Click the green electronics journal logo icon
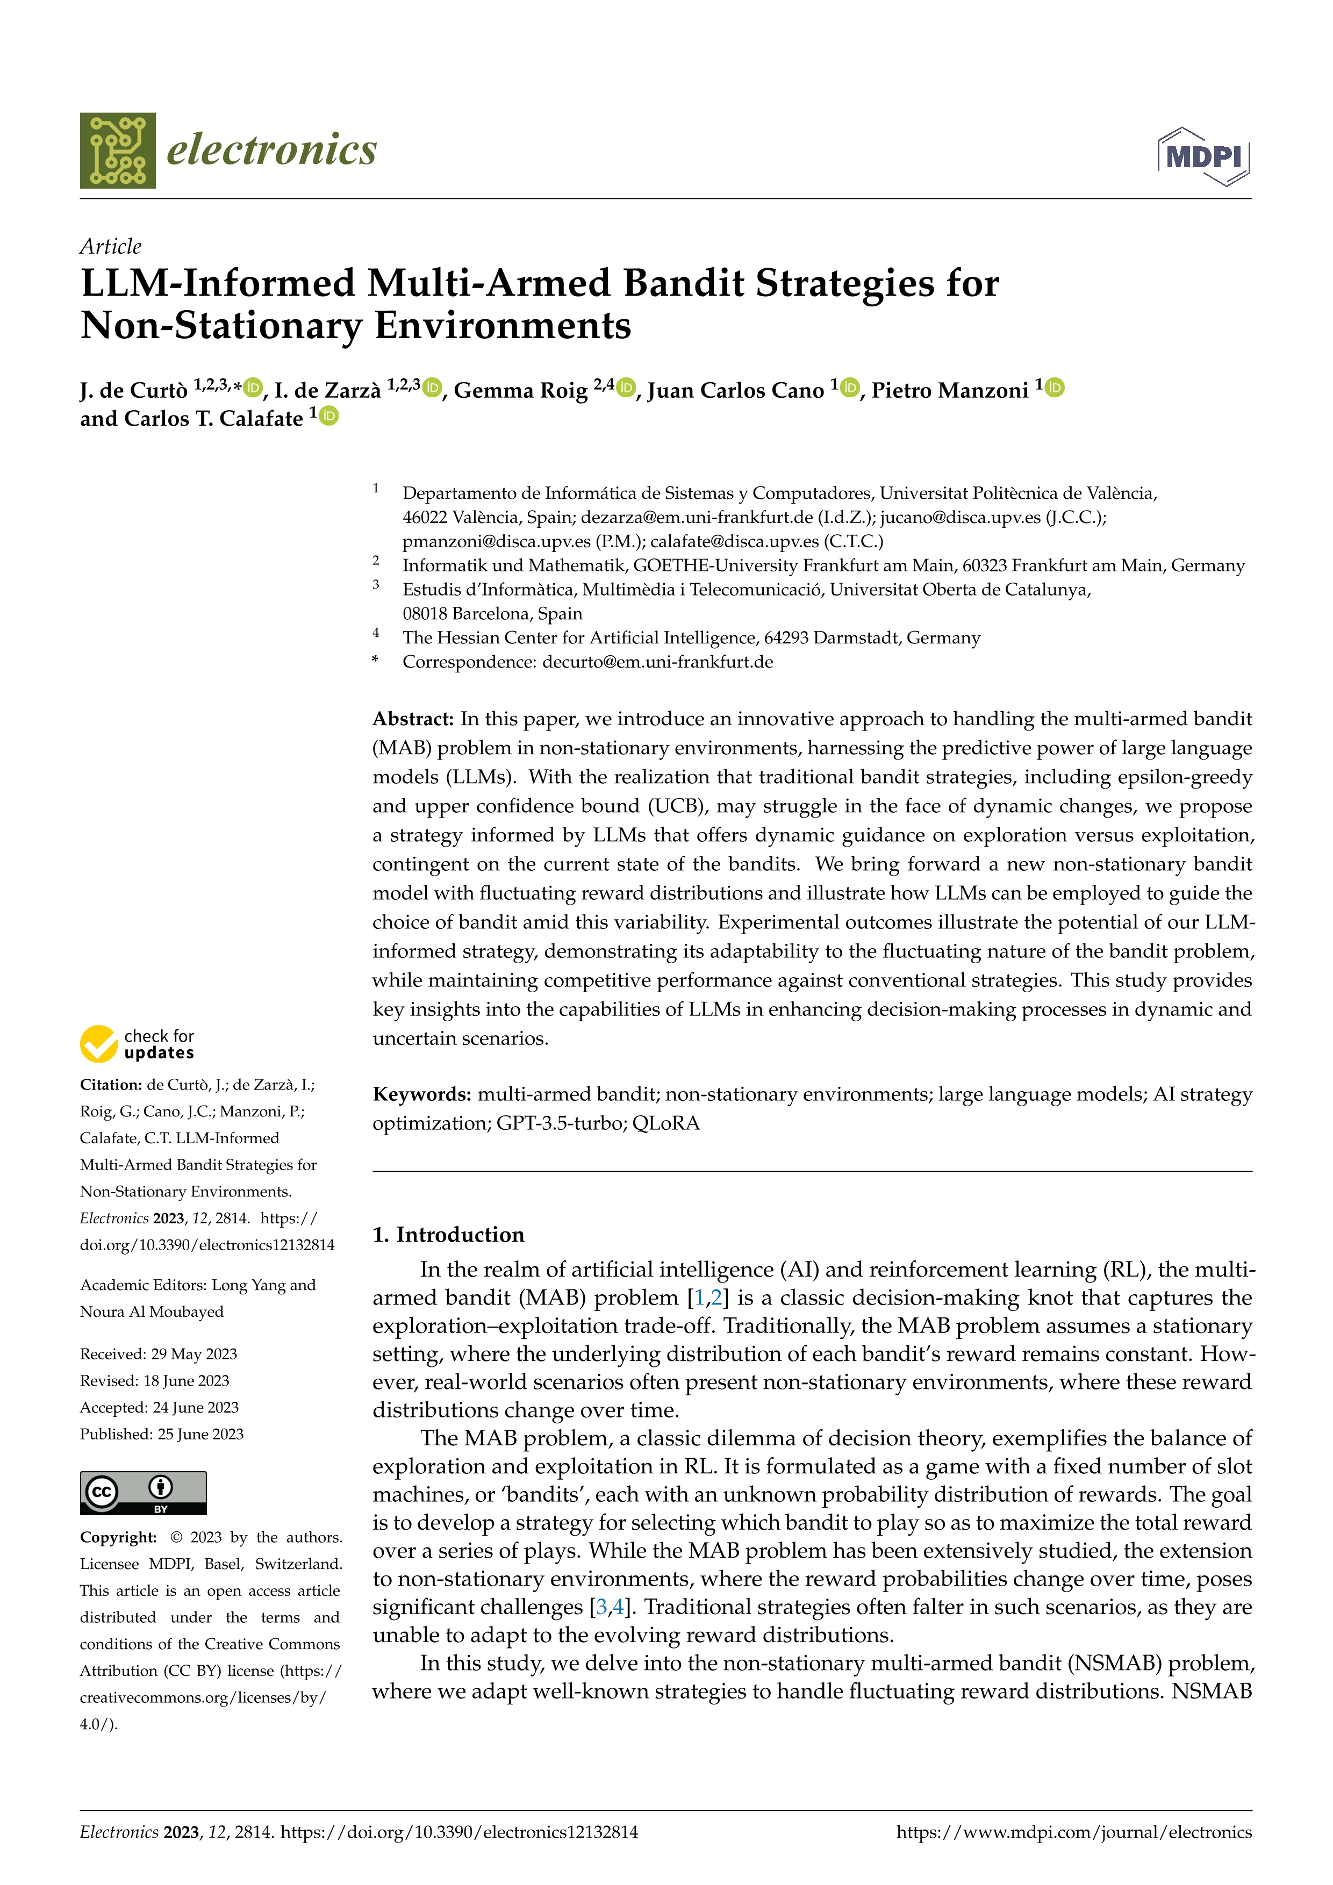(x=117, y=150)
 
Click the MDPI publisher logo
(x=1203, y=156)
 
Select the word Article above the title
(x=110, y=246)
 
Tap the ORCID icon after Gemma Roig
(x=626, y=388)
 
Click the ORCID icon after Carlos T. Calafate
(x=328, y=416)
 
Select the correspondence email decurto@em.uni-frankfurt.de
(x=657, y=662)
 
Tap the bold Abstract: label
(x=413, y=719)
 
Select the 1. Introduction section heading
(x=448, y=1235)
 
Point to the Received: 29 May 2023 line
(x=159, y=1354)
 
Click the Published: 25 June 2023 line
(x=162, y=1434)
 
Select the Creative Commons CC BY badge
(x=143, y=1493)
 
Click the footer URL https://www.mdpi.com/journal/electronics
(x=1073, y=1832)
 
